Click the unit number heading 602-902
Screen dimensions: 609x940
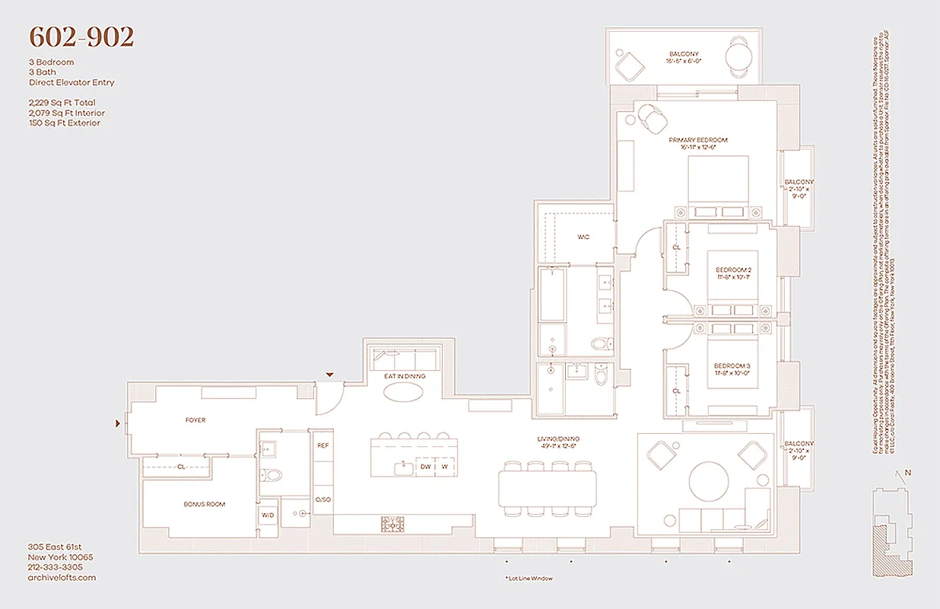point(81,37)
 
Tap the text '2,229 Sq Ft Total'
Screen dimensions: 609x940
point(62,102)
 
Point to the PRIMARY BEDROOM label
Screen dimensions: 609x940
point(698,141)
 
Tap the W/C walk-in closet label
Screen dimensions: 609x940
point(583,238)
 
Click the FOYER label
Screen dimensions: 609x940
point(195,420)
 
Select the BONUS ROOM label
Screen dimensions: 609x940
point(204,504)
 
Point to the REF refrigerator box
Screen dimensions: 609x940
point(322,445)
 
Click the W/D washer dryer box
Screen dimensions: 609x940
point(268,515)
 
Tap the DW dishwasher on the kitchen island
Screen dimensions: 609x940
point(426,467)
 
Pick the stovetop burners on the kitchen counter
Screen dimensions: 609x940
point(392,524)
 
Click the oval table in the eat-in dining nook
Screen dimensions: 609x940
point(405,392)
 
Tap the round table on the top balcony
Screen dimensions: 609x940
point(738,56)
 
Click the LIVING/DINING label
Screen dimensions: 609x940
point(553,439)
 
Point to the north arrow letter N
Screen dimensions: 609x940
point(907,473)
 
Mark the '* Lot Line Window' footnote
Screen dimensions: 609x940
point(529,579)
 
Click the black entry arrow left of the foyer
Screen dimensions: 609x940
point(117,422)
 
